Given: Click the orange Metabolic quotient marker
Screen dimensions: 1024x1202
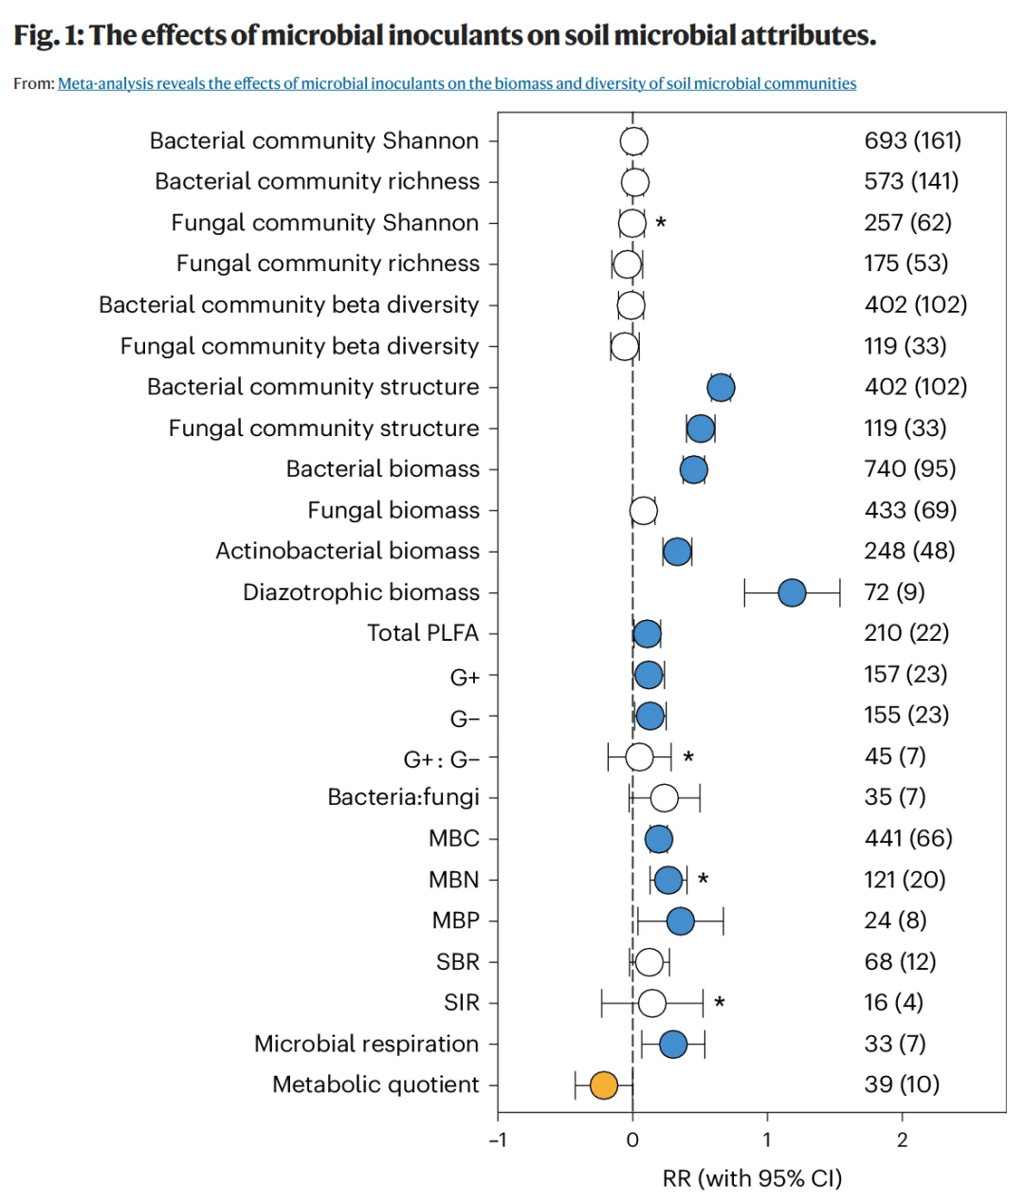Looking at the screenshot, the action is click(x=603, y=1085).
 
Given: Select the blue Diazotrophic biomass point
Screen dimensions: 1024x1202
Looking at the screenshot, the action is click(x=792, y=593).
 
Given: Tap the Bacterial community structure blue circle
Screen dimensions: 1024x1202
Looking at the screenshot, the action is click(x=721, y=388).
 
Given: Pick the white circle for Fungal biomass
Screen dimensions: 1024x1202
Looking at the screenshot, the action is click(x=643, y=511).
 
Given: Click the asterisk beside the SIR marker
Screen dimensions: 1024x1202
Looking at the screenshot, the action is click(x=720, y=1003).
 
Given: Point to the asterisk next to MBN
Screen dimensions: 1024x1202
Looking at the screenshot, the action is click(x=703, y=880).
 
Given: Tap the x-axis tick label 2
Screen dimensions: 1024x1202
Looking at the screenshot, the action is click(x=902, y=1140).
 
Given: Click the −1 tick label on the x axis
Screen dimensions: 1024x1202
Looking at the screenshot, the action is click(x=498, y=1140).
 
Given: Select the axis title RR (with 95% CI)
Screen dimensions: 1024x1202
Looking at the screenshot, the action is click(x=752, y=1178).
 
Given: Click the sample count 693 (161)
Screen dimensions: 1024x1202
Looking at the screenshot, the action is click(x=912, y=140).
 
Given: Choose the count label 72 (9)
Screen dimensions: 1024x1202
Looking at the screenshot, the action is click(x=894, y=592).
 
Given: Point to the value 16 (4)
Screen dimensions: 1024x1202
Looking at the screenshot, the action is click(x=894, y=1003).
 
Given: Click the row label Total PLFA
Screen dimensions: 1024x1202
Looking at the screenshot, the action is click(x=423, y=633).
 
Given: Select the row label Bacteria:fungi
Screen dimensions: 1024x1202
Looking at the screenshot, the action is click(x=404, y=797).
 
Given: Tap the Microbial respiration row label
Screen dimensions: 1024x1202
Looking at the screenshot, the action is click(x=367, y=1044).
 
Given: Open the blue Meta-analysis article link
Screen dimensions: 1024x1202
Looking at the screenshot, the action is click(x=457, y=83).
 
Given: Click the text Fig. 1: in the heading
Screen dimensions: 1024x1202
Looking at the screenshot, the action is click(x=49, y=35).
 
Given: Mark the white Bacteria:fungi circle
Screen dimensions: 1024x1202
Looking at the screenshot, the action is click(x=665, y=798).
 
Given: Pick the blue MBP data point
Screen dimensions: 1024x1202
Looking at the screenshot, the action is click(x=680, y=921).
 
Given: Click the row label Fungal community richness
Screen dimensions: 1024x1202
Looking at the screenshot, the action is click(x=328, y=264).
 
